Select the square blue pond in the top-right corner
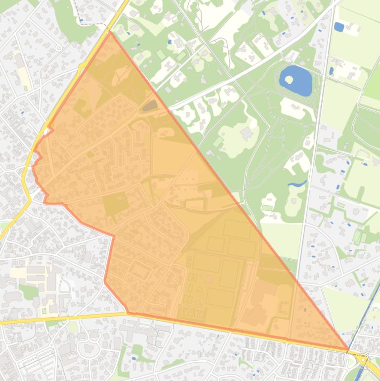[339, 27]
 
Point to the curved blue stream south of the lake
[297, 184]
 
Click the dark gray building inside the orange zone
[150, 105]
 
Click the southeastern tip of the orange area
[348, 350]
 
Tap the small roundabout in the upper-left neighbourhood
[58, 48]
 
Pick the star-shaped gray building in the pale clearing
[246, 134]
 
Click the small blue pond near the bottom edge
[134, 358]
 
